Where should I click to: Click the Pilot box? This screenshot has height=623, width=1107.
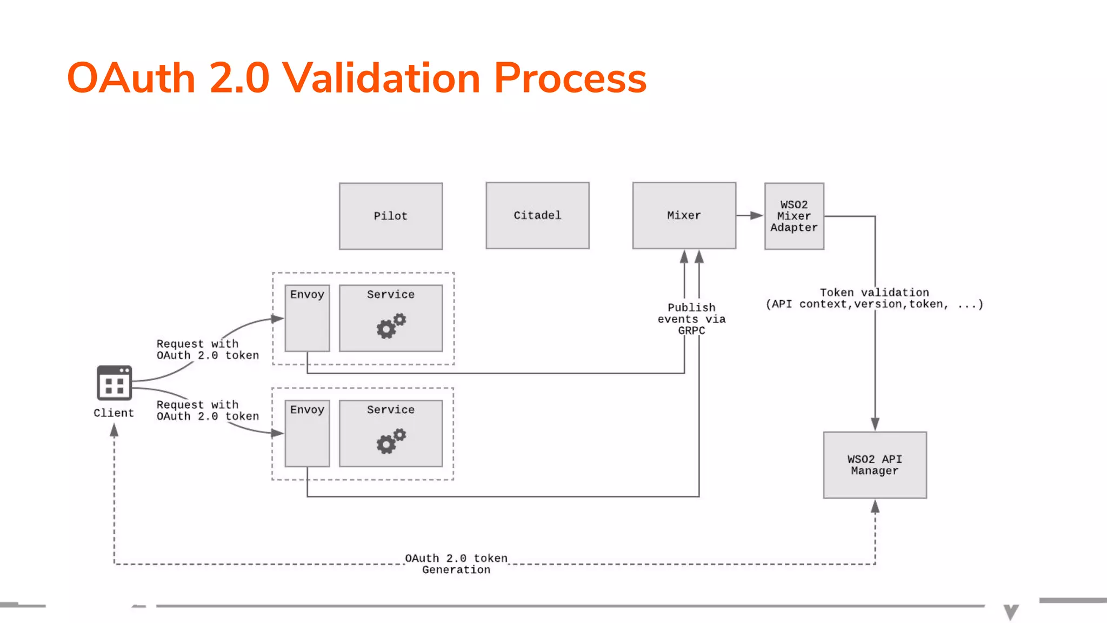coord(390,216)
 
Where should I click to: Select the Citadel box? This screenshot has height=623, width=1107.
coord(537,216)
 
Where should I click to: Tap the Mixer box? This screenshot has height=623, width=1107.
coord(684,216)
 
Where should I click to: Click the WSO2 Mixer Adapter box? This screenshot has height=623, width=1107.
coord(793,216)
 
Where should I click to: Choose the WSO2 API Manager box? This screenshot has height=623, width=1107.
coord(875,465)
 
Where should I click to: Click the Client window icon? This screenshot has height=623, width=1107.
coord(114,382)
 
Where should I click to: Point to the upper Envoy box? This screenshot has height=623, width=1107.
coord(307,319)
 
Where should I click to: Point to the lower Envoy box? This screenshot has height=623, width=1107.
coord(307,434)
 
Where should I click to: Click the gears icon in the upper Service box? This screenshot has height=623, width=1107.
coord(391,326)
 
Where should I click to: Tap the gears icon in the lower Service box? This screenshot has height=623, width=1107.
coord(391,441)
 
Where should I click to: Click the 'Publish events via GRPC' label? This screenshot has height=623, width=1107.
coord(691,319)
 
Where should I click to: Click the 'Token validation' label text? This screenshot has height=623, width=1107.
coord(874,293)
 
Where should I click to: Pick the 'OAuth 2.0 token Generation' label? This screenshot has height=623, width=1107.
coord(456,564)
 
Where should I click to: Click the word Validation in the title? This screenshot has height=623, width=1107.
coord(381,78)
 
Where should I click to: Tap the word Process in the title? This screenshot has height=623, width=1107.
coord(570,78)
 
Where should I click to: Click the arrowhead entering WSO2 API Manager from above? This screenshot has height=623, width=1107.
coord(875,424)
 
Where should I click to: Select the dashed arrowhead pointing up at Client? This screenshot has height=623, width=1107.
coord(114,430)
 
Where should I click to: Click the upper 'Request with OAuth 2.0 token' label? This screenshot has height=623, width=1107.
coord(208,349)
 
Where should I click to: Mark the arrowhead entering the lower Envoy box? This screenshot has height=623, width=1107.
coord(277,433)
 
